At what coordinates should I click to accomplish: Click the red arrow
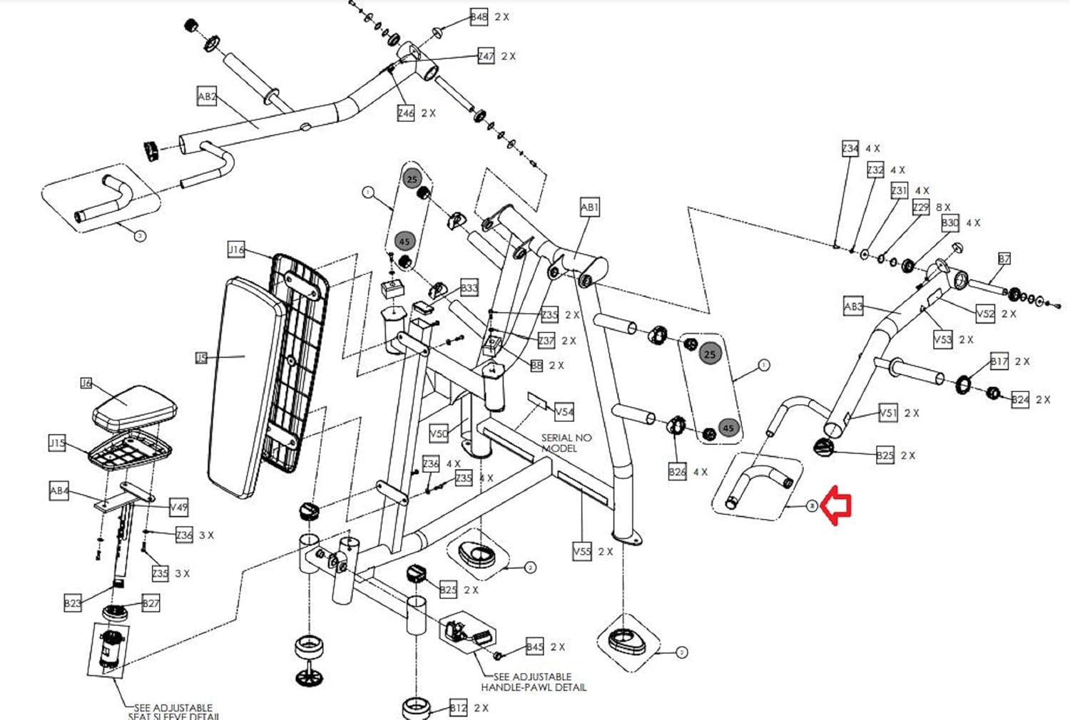tap(837, 505)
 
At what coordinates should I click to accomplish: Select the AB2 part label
tap(207, 96)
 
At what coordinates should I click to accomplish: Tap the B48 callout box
tap(479, 17)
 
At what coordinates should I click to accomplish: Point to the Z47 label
tap(486, 56)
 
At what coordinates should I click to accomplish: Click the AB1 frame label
tap(589, 207)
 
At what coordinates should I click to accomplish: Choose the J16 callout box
tap(236, 250)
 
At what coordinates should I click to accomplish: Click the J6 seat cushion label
tap(86, 384)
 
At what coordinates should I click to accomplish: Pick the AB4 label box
tap(59, 490)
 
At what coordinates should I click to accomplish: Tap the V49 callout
tap(178, 508)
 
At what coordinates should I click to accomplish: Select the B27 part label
tap(151, 604)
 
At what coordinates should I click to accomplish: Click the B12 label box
tap(458, 708)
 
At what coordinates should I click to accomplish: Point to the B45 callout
tap(535, 647)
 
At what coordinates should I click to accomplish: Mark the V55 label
tap(582, 551)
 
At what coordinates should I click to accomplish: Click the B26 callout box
tap(677, 471)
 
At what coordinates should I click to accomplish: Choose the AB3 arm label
tap(853, 307)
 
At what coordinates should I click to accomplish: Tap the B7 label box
tap(1004, 259)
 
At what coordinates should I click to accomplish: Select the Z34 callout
tap(850, 148)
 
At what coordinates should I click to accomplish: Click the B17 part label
tap(999, 361)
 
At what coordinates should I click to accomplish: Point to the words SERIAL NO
tap(566, 438)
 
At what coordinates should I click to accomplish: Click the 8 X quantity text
tap(943, 207)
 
